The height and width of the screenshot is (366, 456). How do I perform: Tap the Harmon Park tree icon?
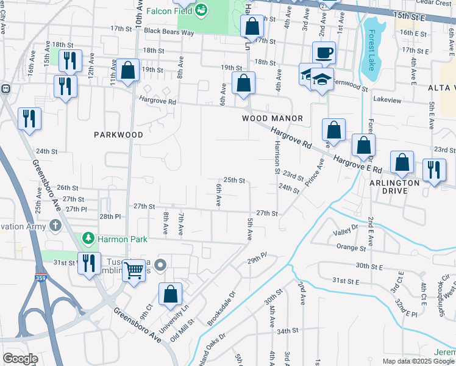tap(88, 237)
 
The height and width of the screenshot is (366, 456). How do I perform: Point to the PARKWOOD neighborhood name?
tap(118, 134)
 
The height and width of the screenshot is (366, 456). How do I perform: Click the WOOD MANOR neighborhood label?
tap(273, 118)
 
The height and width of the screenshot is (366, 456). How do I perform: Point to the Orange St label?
tap(351, 248)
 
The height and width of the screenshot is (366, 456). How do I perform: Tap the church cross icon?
tap(55, 226)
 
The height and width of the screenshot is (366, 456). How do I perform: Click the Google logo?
tap(20, 358)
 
